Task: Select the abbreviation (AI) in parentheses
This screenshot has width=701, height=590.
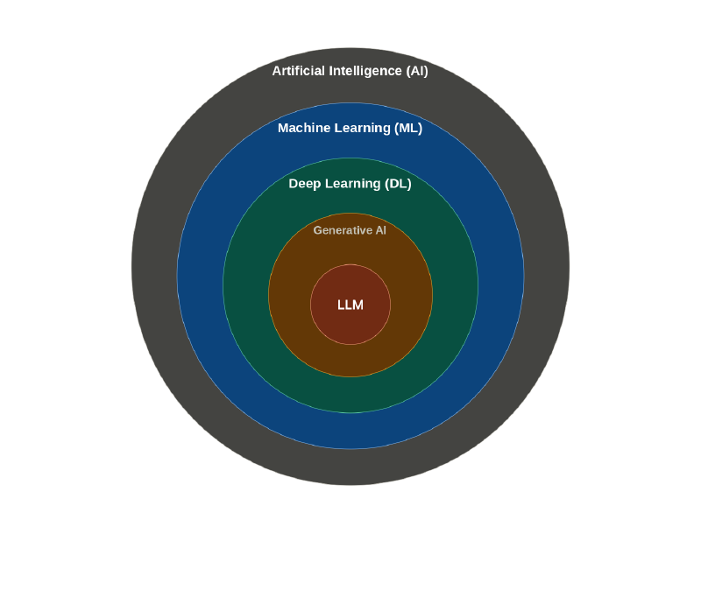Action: click(417, 71)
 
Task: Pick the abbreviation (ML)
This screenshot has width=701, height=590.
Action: click(408, 128)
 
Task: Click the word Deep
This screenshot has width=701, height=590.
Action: click(304, 184)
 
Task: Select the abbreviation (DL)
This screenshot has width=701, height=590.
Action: click(398, 184)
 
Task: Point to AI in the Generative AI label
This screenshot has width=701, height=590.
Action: click(381, 230)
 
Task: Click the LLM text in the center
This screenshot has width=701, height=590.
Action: click(350, 305)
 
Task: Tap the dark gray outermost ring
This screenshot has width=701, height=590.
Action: click(154, 267)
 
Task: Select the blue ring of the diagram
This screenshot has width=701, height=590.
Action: click(200, 276)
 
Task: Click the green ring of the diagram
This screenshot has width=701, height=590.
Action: click(245, 285)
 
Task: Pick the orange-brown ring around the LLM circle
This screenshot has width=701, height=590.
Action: click(289, 295)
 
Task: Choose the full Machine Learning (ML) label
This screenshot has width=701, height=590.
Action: click(350, 128)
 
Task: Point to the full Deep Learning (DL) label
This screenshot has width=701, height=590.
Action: click(350, 184)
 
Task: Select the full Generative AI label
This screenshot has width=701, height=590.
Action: click(350, 230)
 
